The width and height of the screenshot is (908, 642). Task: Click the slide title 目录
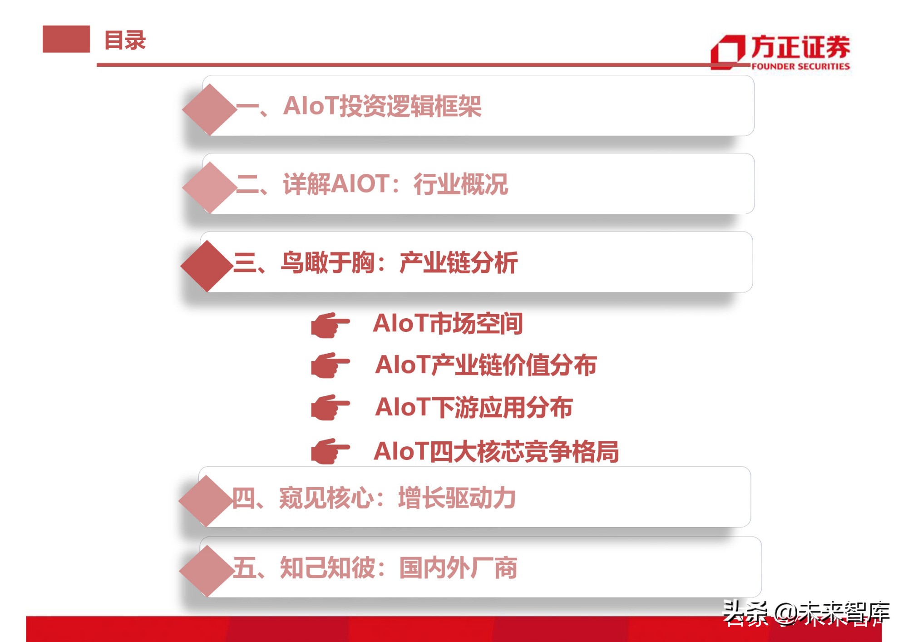click(125, 40)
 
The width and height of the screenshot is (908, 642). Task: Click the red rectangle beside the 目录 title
click(66, 39)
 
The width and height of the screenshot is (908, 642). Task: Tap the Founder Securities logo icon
click(728, 52)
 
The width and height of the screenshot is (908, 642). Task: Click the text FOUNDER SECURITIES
click(800, 66)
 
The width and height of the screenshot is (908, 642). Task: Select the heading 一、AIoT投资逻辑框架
click(359, 106)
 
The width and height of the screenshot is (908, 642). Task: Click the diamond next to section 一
click(209, 109)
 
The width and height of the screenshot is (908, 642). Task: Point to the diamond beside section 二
click(209, 188)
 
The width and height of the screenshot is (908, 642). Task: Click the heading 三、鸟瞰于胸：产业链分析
click(375, 263)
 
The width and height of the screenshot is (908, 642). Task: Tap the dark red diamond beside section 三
click(207, 266)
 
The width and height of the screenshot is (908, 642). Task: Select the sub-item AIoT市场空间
click(448, 324)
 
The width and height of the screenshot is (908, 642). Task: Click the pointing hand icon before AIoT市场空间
click(330, 325)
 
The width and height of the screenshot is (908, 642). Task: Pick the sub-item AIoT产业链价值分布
click(486, 365)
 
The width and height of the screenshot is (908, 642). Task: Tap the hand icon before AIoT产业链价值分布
click(330, 365)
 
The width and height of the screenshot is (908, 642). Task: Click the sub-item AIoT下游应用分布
click(474, 407)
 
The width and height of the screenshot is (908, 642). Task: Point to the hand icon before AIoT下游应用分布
click(330, 407)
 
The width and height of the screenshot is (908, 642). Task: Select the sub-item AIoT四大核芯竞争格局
click(496, 452)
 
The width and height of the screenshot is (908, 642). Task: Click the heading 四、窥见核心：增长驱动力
click(374, 498)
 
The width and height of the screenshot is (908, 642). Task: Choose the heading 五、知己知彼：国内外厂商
click(375, 568)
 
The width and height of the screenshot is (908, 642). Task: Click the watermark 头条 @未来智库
click(805, 612)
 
